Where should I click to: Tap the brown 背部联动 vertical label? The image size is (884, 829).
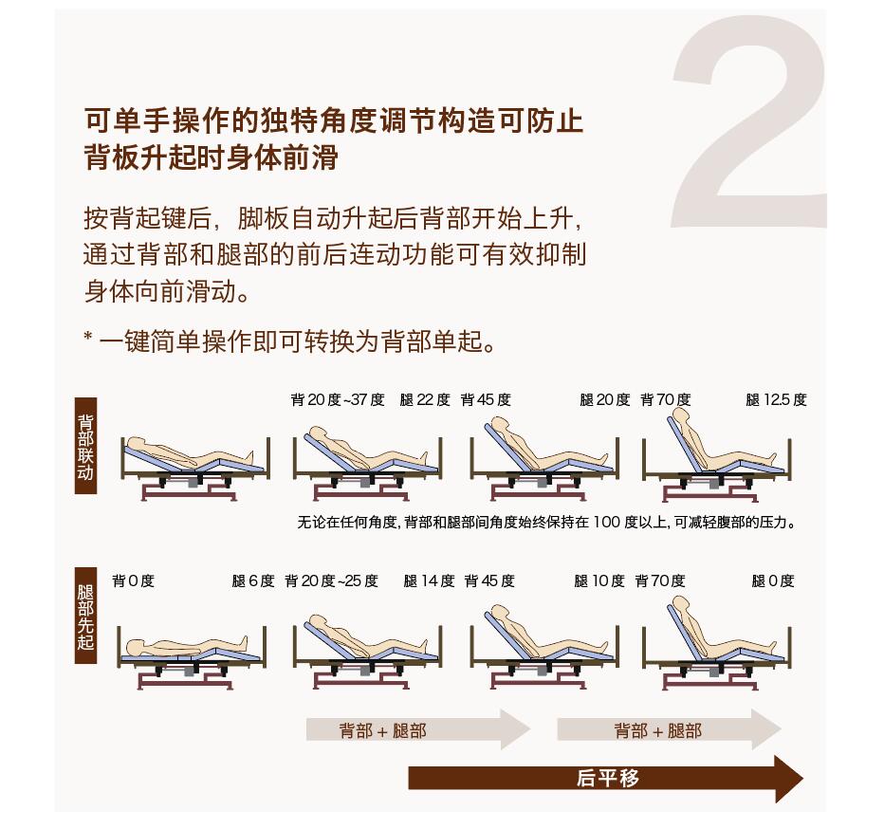pos(85,446)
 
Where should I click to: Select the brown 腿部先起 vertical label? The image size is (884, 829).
pos(85,616)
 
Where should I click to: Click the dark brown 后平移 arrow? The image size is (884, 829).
pos(605,778)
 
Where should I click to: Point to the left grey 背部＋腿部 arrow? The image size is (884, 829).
pos(417,730)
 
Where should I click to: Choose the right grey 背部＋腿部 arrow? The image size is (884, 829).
pos(669,730)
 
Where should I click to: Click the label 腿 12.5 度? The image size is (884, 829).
pos(776,400)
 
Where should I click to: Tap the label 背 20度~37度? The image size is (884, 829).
pos(338,400)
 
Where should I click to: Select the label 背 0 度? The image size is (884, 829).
pos(133,580)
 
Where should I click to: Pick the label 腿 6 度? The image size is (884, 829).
pos(253,580)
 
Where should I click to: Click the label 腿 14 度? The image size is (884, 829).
pos(429,580)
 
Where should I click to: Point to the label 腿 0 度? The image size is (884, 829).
pos(773,580)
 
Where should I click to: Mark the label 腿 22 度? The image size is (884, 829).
pos(425,400)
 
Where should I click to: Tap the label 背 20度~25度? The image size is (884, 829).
pos(332,580)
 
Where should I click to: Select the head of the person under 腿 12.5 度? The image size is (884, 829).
pos(681,416)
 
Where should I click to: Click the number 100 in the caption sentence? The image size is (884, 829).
pos(607,523)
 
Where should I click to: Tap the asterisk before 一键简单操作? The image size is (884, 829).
pos(88,337)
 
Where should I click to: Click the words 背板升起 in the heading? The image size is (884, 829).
pos(140,157)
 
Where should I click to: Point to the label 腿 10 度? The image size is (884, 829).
pos(599,580)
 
